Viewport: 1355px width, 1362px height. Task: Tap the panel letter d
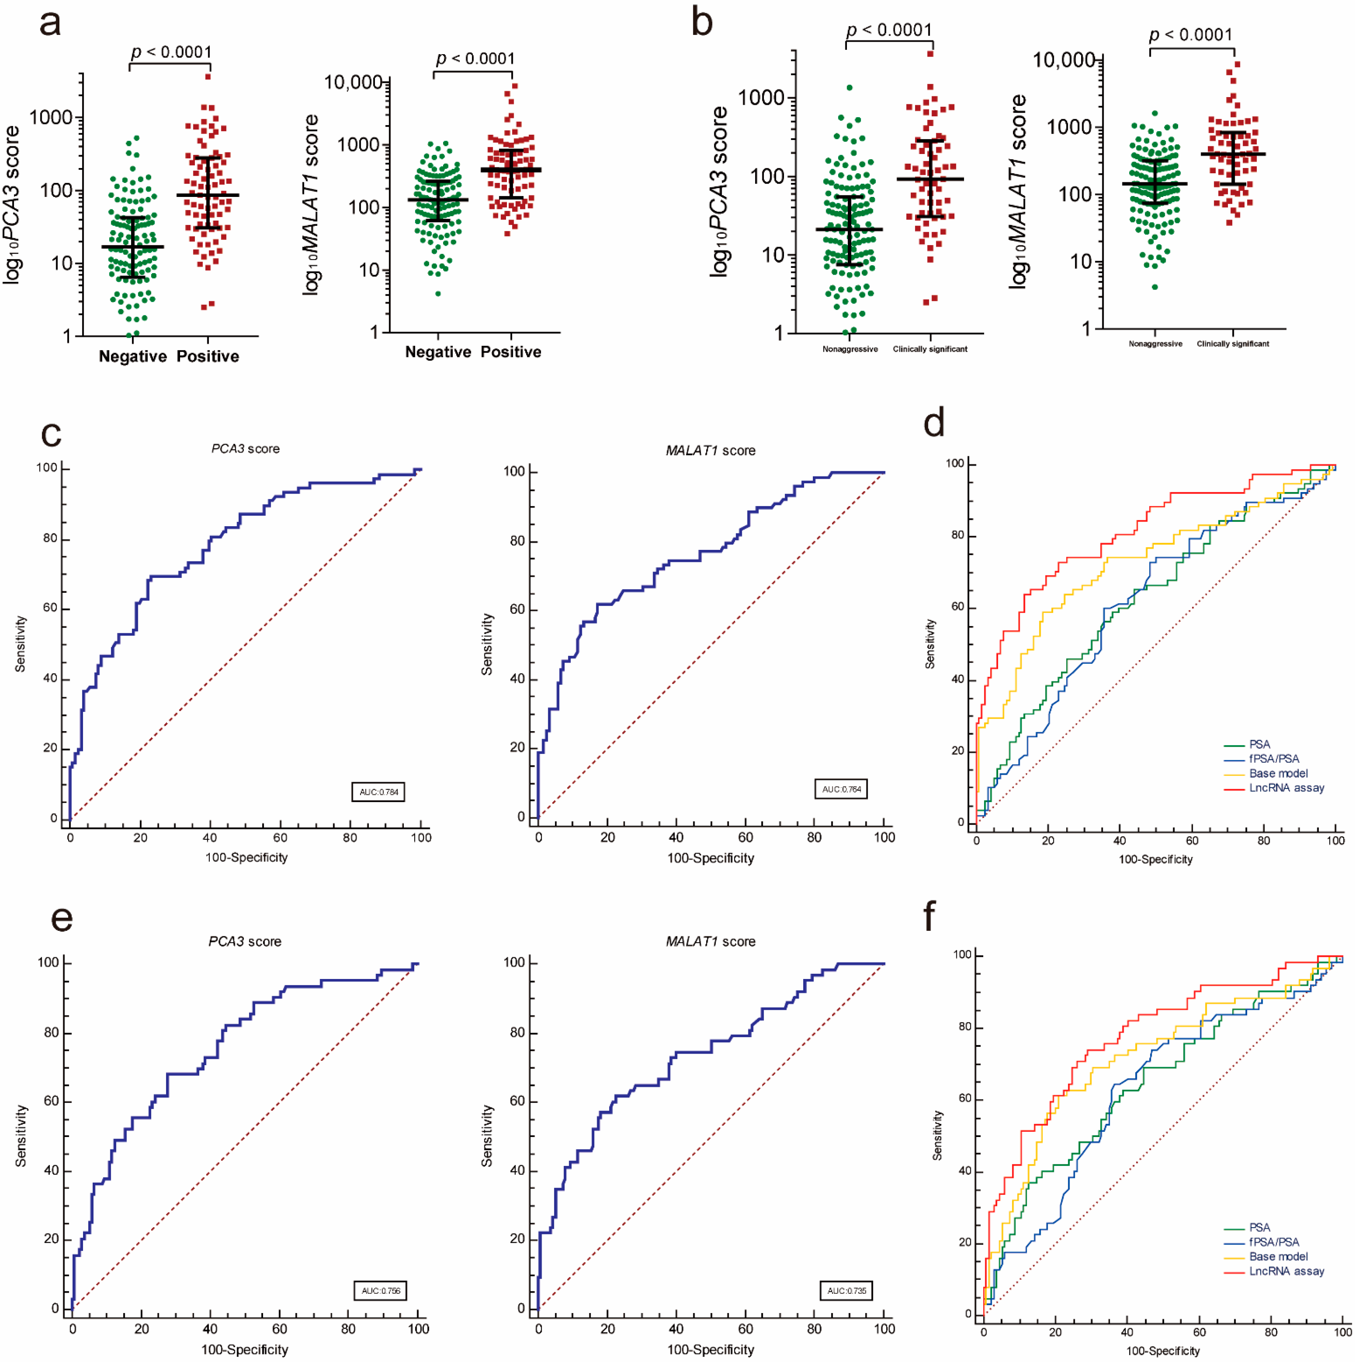pos(934,423)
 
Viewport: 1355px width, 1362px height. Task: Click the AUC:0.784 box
pos(379,792)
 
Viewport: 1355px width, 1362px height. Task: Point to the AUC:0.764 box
pos(841,789)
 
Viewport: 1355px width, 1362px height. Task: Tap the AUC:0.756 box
pos(381,1291)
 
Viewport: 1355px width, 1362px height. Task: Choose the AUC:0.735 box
pos(846,1291)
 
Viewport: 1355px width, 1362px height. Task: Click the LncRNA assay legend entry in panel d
pos(1286,787)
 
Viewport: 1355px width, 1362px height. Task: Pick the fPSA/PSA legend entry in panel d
pos(1273,758)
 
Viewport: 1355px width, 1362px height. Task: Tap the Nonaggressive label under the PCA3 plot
pos(849,349)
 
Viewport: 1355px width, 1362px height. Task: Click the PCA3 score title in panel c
pos(245,448)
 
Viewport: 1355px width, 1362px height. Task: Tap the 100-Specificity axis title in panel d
pos(1155,859)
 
